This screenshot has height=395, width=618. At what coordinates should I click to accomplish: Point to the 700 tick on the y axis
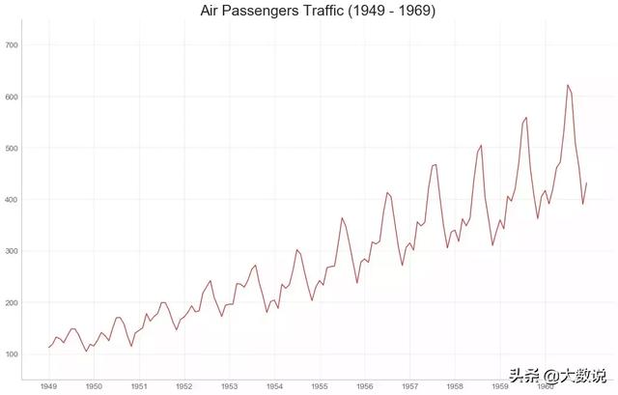pyautogui.click(x=13, y=45)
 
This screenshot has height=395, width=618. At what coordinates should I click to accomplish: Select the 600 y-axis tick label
pyautogui.click(x=13, y=97)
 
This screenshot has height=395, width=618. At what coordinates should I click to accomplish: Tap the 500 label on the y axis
pyautogui.click(x=13, y=149)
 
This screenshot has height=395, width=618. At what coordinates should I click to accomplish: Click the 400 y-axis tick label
pyautogui.click(x=13, y=200)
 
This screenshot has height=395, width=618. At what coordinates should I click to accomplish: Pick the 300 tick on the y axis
pyautogui.click(x=13, y=251)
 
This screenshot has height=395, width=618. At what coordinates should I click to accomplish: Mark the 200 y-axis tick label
pyautogui.click(x=13, y=303)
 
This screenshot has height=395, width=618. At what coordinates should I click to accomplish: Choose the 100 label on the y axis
pyautogui.click(x=13, y=354)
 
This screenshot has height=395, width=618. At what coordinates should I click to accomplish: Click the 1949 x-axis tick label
pyautogui.click(x=48, y=385)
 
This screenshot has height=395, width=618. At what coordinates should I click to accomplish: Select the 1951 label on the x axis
pyautogui.click(x=139, y=385)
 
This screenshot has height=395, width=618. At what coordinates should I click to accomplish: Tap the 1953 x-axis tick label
pyautogui.click(x=229, y=385)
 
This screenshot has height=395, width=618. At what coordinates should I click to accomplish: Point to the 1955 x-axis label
pyautogui.click(x=320, y=385)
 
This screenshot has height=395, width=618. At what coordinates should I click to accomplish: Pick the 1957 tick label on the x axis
pyautogui.click(x=410, y=385)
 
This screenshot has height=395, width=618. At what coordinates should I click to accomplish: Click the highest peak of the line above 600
pyautogui.click(x=568, y=85)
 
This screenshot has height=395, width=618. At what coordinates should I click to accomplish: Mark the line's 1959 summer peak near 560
pyautogui.click(x=526, y=118)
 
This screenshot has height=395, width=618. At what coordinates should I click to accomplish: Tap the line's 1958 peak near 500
pyautogui.click(x=481, y=146)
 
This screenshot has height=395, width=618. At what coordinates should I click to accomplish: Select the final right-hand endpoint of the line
pyautogui.click(x=586, y=183)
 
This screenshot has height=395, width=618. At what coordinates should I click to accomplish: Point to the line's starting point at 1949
pyautogui.click(x=48, y=348)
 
